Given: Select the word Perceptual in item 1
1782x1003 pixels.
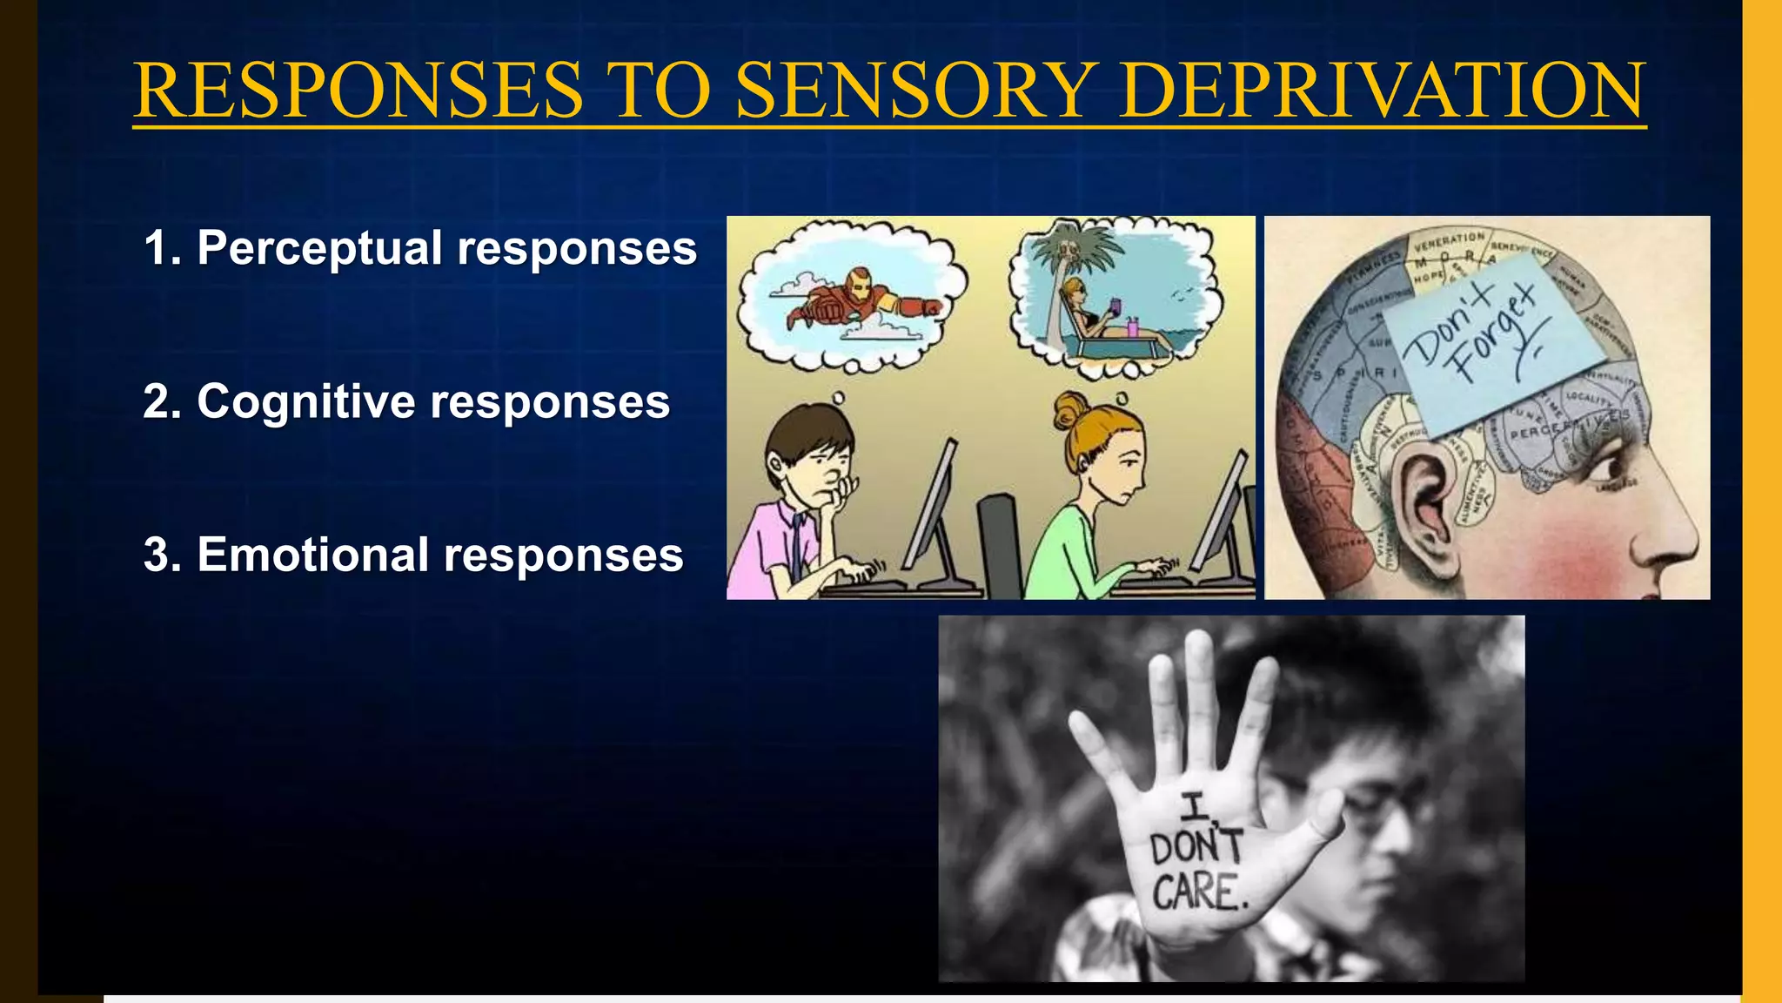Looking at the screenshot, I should click(x=320, y=249).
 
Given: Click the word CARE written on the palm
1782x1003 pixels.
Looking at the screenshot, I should click(x=1198, y=892).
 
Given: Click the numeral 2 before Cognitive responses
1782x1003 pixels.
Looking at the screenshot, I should click(x=157, y=402).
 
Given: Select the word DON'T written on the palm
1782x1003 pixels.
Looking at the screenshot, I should click(x=1196, y=847).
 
